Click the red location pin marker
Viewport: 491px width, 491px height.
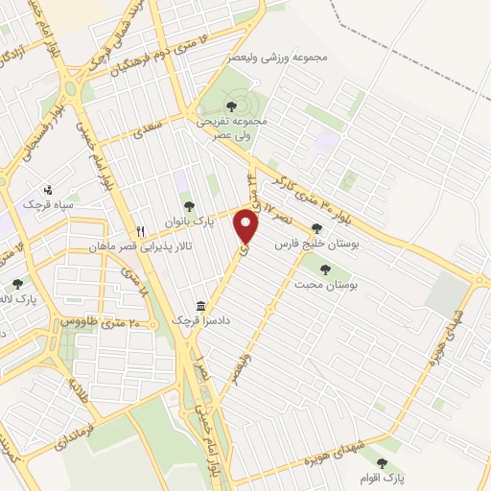(x=247, y=226)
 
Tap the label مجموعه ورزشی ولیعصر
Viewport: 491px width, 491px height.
(x=279, y=58)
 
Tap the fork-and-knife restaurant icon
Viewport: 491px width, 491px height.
(x=141, y=230)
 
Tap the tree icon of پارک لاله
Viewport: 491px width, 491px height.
(x=17, y=283)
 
